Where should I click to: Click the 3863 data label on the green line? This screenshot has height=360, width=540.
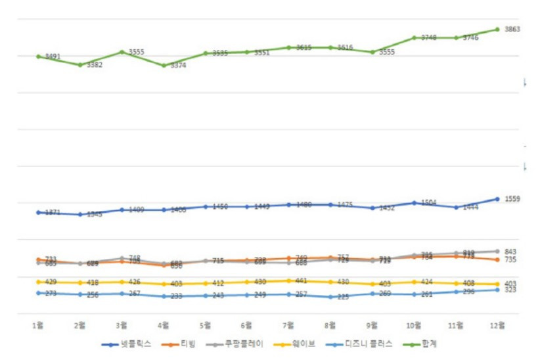[x=512, y=29]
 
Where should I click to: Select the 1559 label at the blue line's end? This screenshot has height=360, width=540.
[x=512, y=198]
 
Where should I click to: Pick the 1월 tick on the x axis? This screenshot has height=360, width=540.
[x=38, y=325]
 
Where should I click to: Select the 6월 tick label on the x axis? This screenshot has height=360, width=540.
[x=247, y=325]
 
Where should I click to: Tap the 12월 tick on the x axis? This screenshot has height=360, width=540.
[x=497, y=325]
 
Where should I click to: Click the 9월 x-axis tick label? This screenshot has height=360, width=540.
[x=372, y=325]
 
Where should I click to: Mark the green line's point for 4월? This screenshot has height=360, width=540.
[x=164, y=65]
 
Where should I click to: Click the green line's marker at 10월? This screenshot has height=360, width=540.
[x=415, y=37]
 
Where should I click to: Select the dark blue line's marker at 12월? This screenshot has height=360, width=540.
[x=497, y=198]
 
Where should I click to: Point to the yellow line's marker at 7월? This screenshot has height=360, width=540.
[x=289, y=281]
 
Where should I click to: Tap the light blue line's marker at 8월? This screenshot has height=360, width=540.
[x=330, y=297]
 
